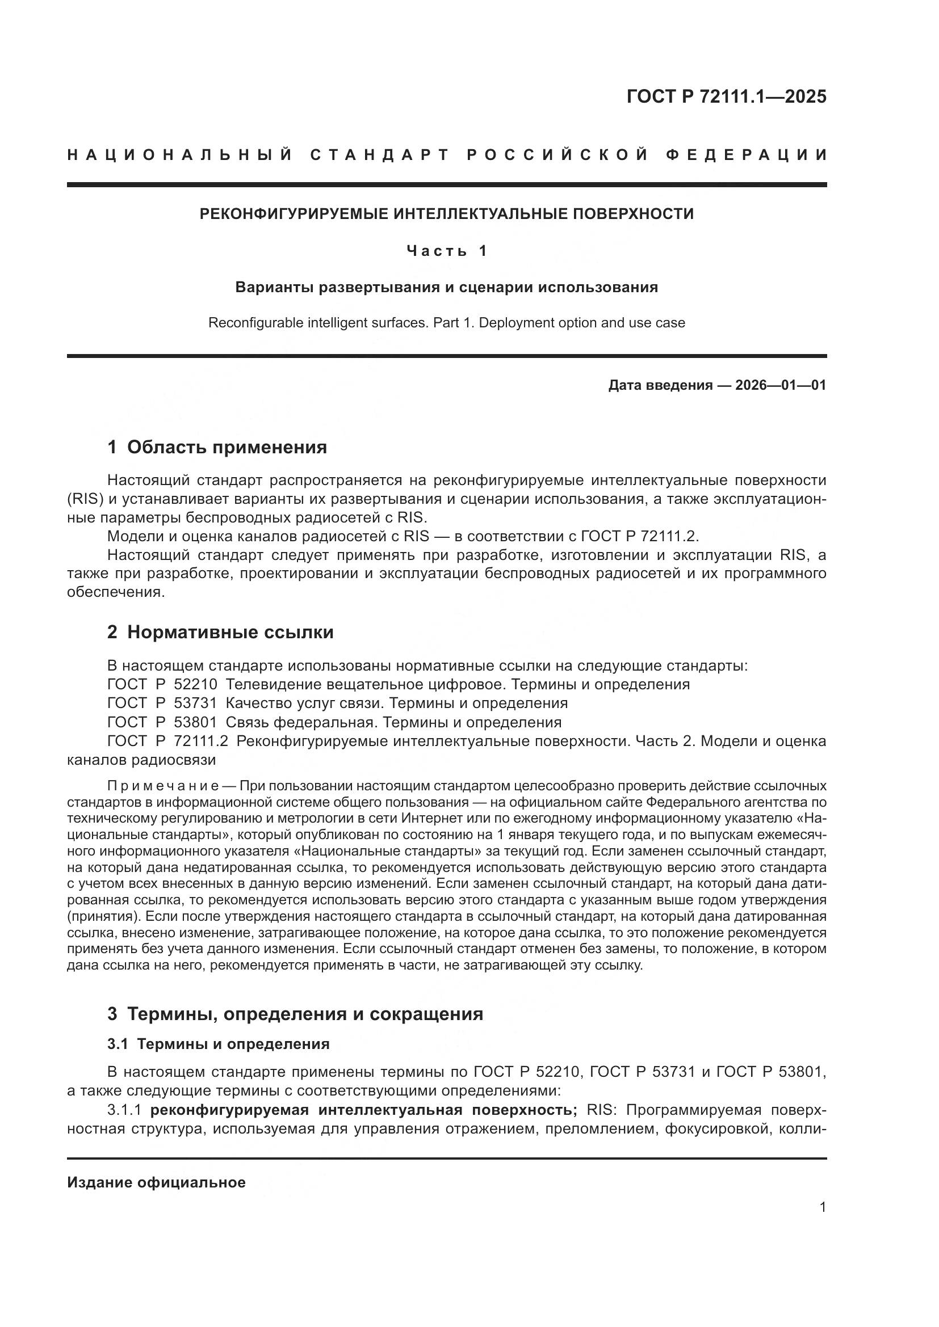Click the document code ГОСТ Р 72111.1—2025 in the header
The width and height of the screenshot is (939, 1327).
coord(726,96)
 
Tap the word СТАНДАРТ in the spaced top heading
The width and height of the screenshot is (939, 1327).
coord(380,155)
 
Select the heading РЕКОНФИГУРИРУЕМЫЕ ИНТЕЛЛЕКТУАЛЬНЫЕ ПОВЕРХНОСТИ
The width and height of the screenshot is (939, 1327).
coord(446,214)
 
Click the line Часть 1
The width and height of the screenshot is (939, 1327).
coord(447,251)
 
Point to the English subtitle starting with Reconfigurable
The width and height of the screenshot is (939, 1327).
coord(446,322)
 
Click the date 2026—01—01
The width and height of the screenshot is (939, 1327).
coord(781,385)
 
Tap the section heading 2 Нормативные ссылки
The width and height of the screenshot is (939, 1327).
coord(220,631)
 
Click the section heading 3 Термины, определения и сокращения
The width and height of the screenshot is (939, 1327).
coord(295,1014)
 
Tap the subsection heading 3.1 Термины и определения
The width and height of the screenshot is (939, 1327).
coord(218,1044)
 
